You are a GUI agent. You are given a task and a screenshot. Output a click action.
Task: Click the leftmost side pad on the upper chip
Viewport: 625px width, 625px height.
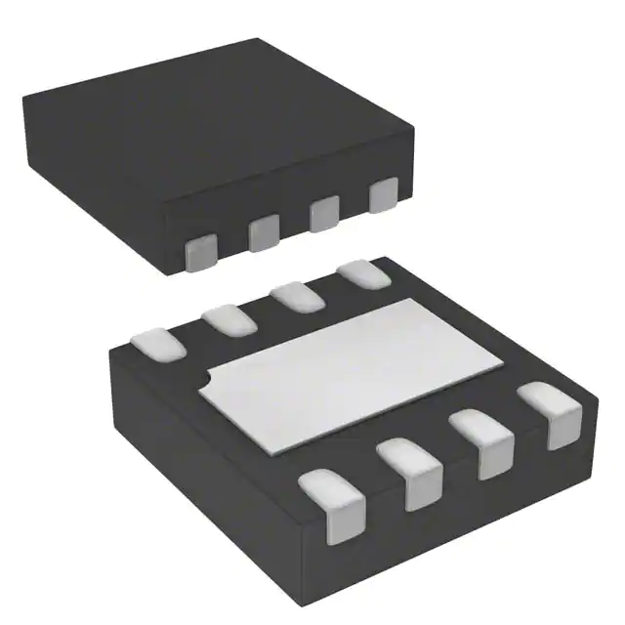(202, 251)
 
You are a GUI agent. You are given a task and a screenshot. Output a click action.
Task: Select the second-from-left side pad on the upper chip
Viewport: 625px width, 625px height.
(264, 232)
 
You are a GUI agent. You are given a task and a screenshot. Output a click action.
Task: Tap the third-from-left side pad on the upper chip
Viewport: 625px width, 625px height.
(323, 214)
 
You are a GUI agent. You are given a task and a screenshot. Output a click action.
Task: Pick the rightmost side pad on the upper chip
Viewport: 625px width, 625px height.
(384, 194)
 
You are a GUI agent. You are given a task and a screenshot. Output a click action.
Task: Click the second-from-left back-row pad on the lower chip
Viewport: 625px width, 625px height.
(229, 318)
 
